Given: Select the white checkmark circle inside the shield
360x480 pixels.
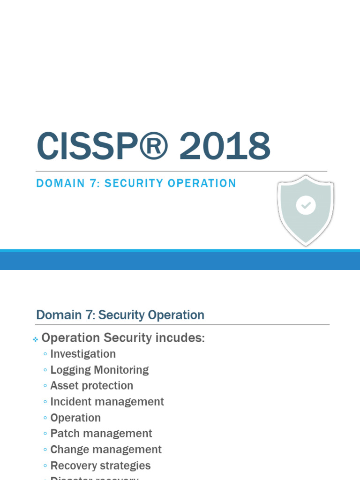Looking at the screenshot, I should point(306,205).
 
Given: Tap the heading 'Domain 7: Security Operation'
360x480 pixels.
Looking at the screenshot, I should point(120,315).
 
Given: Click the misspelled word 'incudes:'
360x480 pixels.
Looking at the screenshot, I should point(181,338).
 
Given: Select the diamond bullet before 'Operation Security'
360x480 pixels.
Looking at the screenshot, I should point(35,339).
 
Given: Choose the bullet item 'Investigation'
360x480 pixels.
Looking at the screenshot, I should point(83,354).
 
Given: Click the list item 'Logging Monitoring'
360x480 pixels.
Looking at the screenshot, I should point(99,370).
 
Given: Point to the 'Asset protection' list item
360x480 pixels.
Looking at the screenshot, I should point(92,386).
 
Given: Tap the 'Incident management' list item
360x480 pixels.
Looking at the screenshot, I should point(107,402).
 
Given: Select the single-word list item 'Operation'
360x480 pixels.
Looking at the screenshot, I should point(75,418).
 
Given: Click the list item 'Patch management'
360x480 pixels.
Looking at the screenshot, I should point(101,434).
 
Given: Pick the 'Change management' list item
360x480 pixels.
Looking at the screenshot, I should point(106,450).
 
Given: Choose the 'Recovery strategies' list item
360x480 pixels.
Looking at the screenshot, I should point(100,465).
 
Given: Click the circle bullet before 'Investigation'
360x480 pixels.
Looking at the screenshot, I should point(45,354).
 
